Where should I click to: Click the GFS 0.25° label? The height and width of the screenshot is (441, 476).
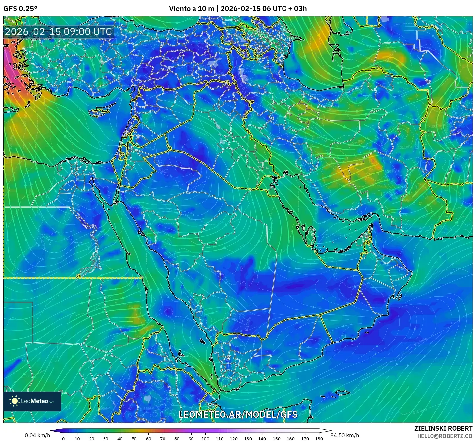pos(20,9)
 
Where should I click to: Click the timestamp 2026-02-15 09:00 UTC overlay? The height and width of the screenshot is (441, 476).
pos(58,32)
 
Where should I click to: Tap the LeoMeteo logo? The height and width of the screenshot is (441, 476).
pos(32,401)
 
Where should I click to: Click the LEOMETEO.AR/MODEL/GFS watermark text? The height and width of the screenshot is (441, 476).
pos(238,415)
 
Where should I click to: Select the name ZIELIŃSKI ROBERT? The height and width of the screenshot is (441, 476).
pos(443,428)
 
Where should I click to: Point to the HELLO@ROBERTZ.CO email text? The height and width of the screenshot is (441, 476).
pos(445,436)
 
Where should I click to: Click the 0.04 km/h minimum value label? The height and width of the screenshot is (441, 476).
pos(37,435)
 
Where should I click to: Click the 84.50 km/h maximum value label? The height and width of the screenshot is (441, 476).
pos(345,435)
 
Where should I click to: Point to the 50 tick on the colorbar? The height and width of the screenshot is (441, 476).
pos(134,438)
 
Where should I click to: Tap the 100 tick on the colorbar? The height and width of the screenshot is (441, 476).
pos(205,438)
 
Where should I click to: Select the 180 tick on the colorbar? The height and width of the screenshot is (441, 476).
pos(319,438)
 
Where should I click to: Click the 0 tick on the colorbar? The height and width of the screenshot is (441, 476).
pos(63,438)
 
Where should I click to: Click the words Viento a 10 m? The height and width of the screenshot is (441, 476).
pos(192,9)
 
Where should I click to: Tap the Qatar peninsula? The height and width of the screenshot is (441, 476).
pos(310,235)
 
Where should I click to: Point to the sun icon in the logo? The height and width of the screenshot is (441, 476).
pos(15,401)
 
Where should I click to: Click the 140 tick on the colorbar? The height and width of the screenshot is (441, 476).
pos(262,438)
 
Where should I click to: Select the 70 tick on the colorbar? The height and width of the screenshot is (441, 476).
pos(163,438)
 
